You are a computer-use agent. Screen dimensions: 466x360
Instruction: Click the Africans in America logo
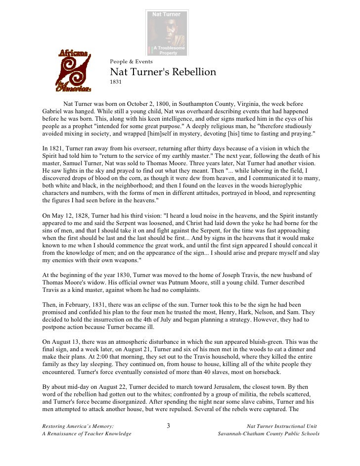75,70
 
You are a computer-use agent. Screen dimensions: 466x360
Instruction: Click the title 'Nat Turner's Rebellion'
163,72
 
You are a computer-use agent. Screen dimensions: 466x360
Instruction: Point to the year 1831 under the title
115,82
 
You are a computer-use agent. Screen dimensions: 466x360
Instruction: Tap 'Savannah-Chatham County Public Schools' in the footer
269,434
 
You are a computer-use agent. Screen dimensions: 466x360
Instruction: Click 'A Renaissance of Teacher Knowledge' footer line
87,434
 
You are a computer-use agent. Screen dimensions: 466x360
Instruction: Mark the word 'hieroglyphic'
277,186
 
